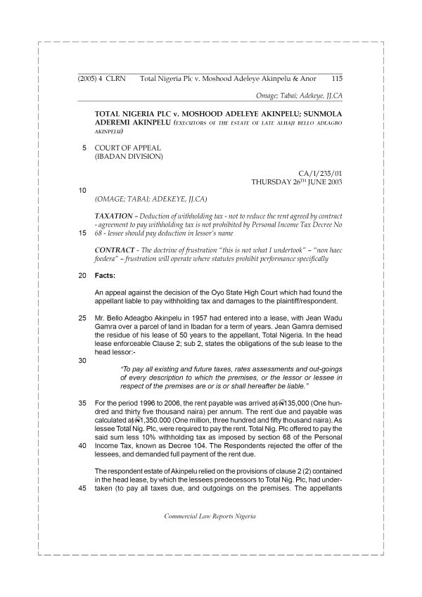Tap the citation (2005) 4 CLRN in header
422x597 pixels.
pyautogui.click(x=100, y=79)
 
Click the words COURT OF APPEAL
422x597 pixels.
pyautogui.click(x=128, y=148)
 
